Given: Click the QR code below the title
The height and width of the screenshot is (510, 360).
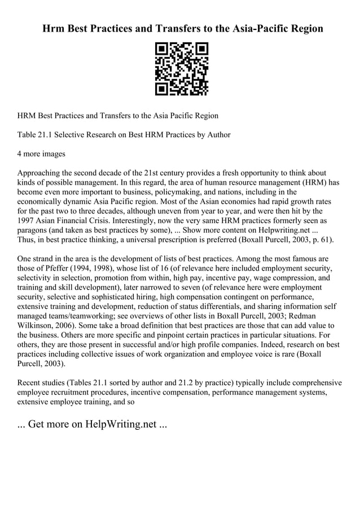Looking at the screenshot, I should pyautogui.click(x=181, y=68).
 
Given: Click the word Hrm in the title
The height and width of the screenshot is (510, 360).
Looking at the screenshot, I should pyautogui.click(x=55, y=28).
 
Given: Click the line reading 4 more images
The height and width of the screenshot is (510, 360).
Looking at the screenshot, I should pyautogui.click(x=41, y=154).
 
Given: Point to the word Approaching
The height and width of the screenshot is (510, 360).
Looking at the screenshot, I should pyautogui.click(x=42, y=173).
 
